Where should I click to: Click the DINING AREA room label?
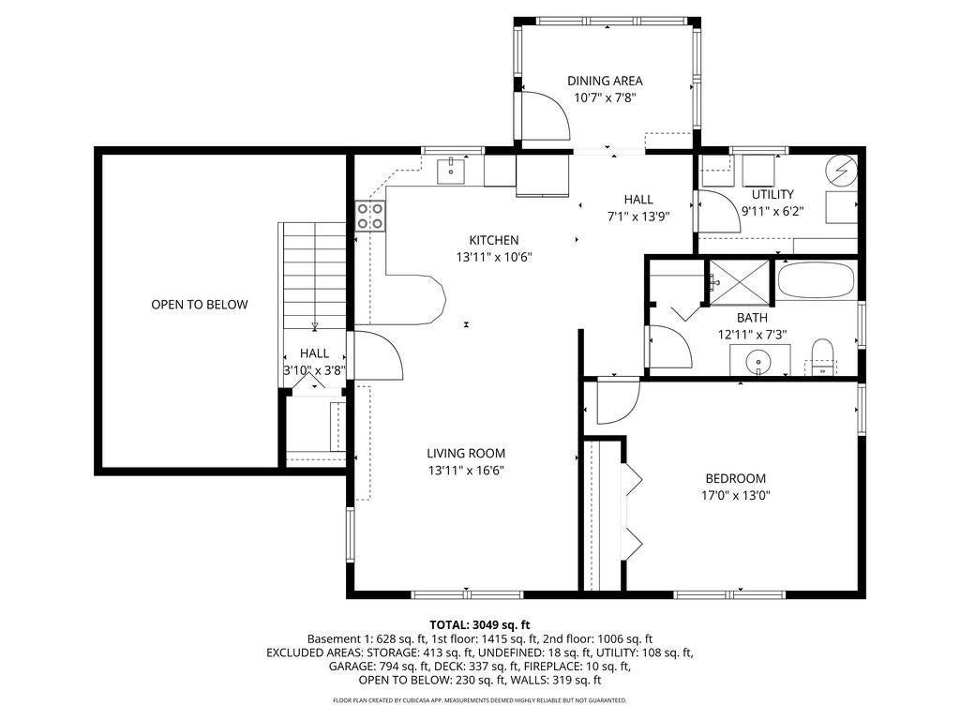605,81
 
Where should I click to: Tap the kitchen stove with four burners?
371,217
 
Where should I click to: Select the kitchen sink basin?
451,171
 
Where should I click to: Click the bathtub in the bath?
816,279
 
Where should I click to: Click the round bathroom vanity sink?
759,361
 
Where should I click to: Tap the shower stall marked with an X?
739,282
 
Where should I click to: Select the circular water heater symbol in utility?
840,170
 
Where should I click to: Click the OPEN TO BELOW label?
200,305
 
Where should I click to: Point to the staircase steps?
312,277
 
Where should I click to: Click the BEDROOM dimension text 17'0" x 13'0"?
735,495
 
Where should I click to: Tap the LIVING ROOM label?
466,454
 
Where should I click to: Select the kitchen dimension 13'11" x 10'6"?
494,257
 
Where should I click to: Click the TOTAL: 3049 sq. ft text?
480,625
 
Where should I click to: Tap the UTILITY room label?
772,195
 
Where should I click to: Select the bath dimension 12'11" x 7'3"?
752,335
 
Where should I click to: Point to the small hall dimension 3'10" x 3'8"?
315,370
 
